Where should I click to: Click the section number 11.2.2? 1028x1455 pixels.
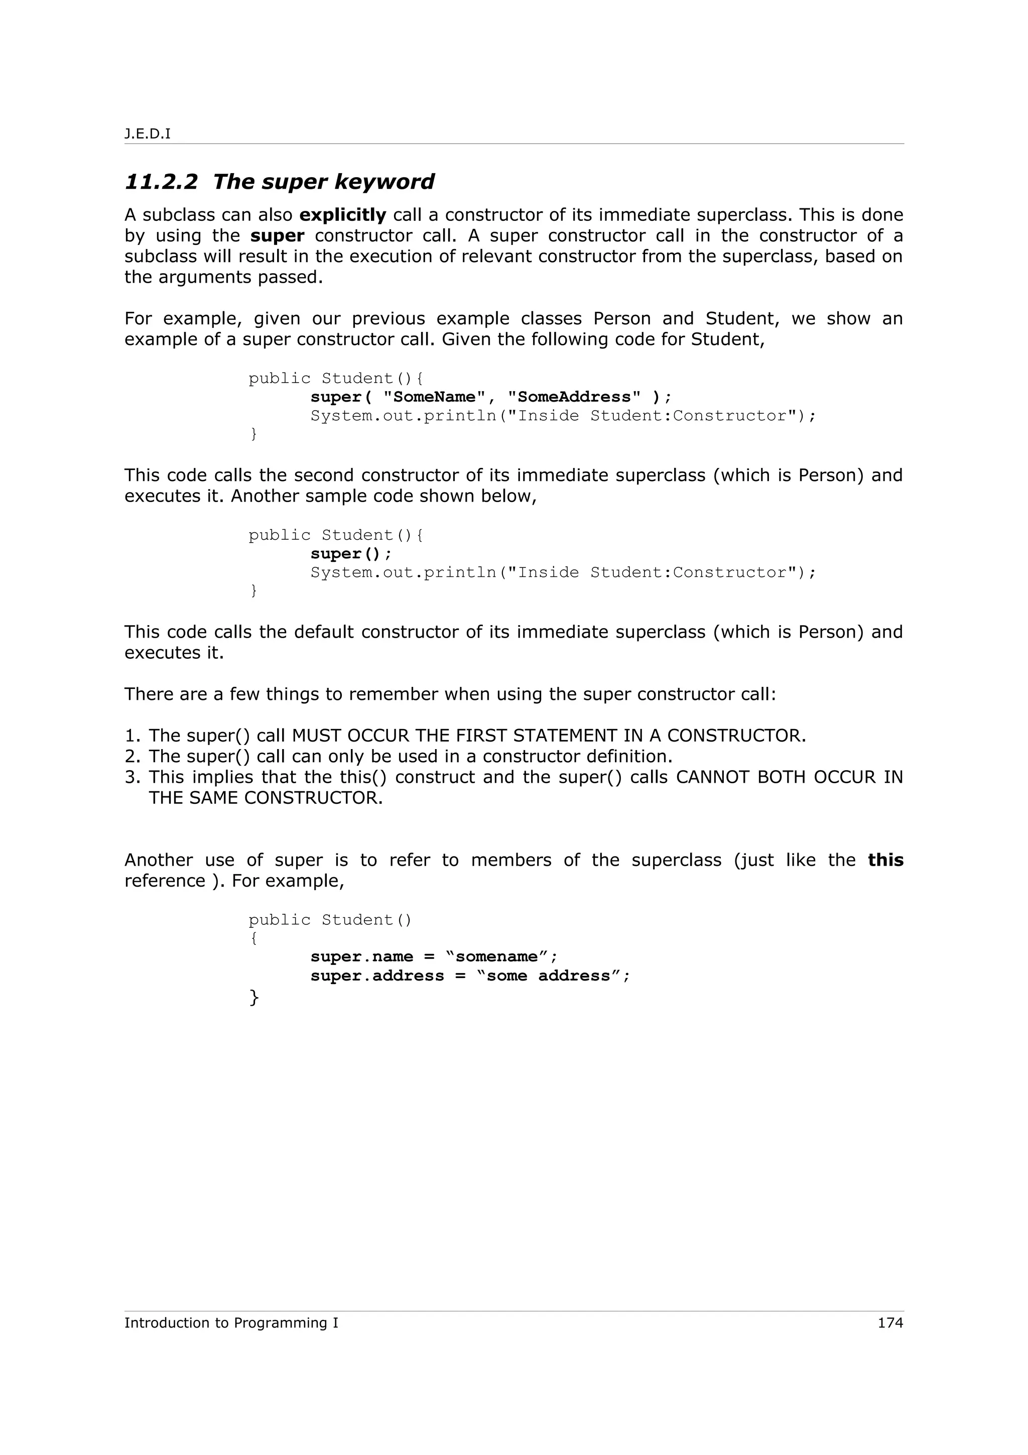pyautogui.click(x=161, y=182)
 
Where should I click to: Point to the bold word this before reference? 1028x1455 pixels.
pyautogui.click(x=885, y=860)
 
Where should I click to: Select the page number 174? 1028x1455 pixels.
pyautogui.click(x=890, y=1322)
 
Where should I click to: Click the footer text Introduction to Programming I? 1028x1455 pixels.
pyautogui.click(x=231, y=1322)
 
